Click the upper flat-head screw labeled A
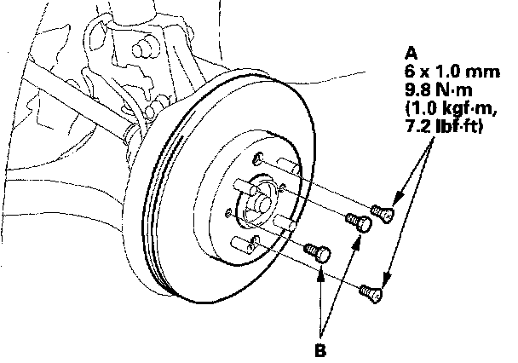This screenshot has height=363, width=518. click(x=382, y=213)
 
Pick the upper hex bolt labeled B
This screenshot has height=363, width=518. click(x=360, y=222)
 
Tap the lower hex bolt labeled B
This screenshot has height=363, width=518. click(x=318, y=252)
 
